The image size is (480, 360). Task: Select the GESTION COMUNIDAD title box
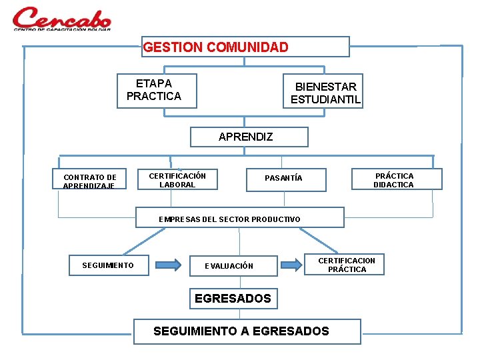point(245,47)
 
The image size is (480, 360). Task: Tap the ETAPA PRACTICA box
point(157,90)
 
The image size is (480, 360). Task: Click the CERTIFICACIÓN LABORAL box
point(177,180)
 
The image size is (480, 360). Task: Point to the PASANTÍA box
point(286,179)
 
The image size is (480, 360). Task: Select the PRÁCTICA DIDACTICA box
point(396,179)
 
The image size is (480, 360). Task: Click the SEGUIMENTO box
point(108,265)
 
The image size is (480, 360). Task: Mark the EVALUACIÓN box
point(231,265)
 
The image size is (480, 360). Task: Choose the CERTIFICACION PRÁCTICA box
point(346,264)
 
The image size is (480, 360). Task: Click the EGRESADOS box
point(233,299)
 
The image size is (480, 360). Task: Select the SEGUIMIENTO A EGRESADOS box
point(247,331)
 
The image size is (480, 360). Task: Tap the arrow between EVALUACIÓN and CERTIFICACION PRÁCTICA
point(291,265)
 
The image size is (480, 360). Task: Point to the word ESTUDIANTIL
point(325,100)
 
